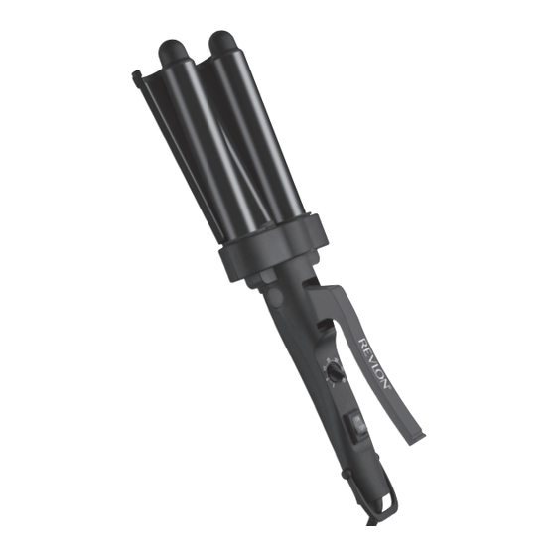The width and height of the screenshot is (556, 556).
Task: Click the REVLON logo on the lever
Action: point(374,363)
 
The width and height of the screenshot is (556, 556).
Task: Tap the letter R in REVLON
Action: point(363,343)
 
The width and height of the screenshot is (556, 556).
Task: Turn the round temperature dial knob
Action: point(335,372)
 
